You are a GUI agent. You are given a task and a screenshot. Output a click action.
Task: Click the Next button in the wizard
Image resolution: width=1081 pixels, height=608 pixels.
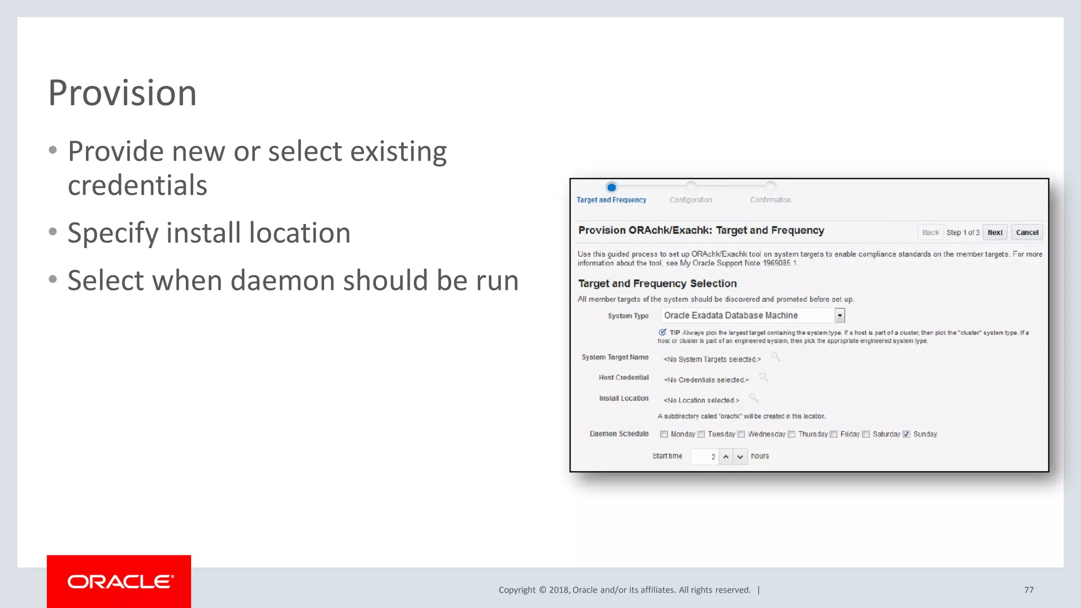coord(995,232)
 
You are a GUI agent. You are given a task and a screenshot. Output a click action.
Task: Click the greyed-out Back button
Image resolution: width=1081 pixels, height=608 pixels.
coord(930,232)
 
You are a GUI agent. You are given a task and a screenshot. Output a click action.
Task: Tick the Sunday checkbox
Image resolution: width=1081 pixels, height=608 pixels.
coord(906,434)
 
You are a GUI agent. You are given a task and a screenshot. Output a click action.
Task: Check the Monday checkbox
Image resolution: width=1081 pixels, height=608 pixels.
coord(664,434)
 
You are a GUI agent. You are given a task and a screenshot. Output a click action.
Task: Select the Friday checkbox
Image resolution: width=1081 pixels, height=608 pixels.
coord(834,434)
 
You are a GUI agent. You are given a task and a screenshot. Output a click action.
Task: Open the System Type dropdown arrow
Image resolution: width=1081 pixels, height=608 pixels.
coord(839,316)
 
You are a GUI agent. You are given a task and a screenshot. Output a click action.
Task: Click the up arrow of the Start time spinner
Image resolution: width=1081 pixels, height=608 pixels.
coord(726,457)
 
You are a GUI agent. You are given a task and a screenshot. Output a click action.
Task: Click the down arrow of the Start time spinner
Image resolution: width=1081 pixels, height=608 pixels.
coord(740,457)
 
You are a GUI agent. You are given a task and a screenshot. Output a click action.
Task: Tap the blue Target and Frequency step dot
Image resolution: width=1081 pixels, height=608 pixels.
coord(611,187)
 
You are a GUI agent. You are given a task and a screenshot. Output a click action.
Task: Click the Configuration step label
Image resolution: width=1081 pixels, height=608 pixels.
coord(690,200)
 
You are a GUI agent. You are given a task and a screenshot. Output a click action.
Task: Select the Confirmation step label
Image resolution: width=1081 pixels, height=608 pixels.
coord(770,200)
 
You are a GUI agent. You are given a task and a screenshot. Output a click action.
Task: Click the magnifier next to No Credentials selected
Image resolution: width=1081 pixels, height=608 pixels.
coord(763,377)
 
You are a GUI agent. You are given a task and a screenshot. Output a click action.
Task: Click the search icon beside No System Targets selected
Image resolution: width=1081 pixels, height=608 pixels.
coord(775,357)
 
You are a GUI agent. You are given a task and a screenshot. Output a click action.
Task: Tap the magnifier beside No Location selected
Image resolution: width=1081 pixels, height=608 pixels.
coord(754,398)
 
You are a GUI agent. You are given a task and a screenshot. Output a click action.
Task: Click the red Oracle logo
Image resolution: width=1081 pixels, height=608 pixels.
coord(119,581)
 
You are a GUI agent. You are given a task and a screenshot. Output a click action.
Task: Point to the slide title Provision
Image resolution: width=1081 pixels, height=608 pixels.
coord(122,93)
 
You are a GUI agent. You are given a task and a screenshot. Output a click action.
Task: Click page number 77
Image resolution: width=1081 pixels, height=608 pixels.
coord(1029,590)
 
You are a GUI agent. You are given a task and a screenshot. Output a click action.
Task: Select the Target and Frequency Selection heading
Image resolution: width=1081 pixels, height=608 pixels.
coord(657,283)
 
